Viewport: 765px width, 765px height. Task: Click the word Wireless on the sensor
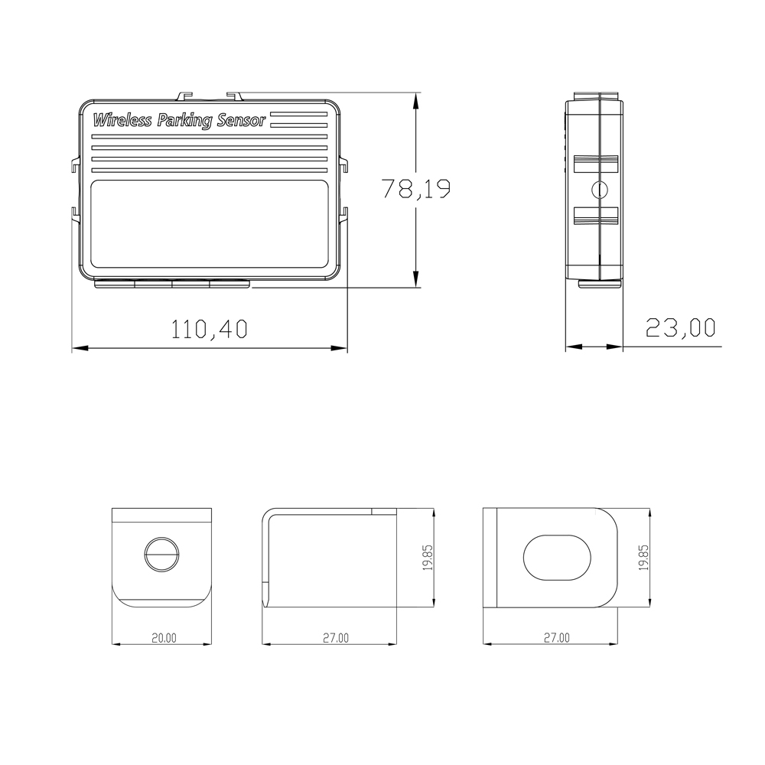tap(122, 120)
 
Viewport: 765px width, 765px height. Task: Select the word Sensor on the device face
tap(242, 120)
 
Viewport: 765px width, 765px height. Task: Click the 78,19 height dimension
tap(416, 189)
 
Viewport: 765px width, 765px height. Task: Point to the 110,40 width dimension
tap(210, 329)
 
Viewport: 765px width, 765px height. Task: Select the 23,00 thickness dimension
tap(681, 327)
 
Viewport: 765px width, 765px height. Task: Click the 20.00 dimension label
tap(164, 638)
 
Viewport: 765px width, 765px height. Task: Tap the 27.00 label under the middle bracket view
tap(336, 638)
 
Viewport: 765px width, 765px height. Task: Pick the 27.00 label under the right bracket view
tap(557, 638)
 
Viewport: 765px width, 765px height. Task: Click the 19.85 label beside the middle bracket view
tap(428, 558)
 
